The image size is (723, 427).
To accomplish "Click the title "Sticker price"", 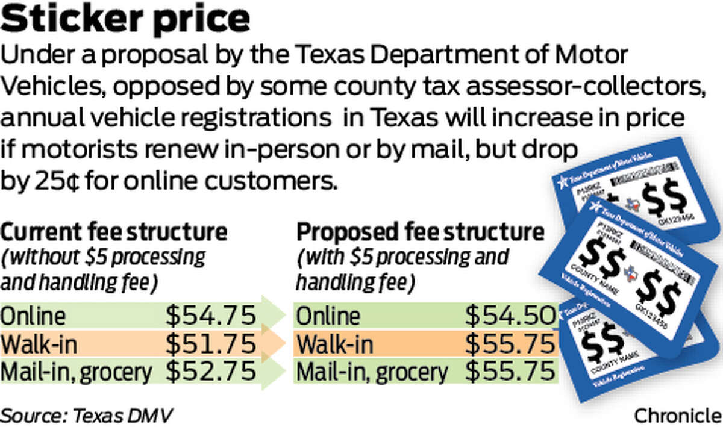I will pyautogui.click(x=126, y=20).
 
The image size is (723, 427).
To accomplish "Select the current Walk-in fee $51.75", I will pyautogui.click(x=211, y=344).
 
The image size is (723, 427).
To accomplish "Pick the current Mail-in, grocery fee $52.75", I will pyautogui.click(x=211, y=372).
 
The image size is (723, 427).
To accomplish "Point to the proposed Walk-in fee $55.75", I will pyautogui.click(x=509, y=344).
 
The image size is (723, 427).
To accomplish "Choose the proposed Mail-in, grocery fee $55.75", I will pyautogui.click(x=509, y=372).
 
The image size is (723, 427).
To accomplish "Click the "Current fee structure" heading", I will pyautogui.click(x=114, y=232).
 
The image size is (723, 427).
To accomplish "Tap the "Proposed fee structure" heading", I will pyautogui.click(x=420, y=232).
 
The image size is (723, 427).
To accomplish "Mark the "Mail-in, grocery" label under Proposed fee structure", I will pyautogui.click(x=372, y=372).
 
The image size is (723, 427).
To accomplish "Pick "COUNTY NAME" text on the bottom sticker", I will pyautogui.click(x=602, y=364).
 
